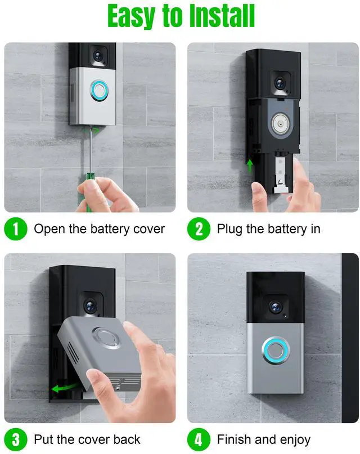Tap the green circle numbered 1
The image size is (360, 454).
(16, 229)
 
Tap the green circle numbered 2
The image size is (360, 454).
(199, 229)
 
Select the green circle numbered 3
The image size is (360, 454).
(16, 439)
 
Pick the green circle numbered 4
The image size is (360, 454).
(199, 439)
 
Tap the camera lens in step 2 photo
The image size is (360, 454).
(280, 82)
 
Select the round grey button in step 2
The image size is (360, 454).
(279, 123)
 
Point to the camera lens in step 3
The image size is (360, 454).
(89, 307)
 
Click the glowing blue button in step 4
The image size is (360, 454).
(276, 350)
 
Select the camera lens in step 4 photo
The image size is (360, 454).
(274, 307)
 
